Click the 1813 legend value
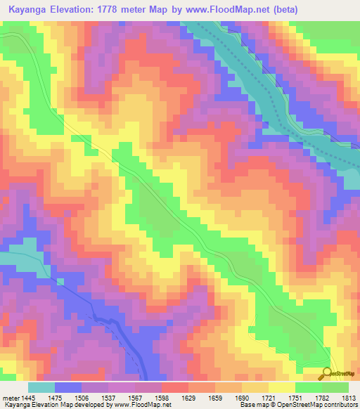pos(348,397)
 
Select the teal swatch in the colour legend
pos(41,387)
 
